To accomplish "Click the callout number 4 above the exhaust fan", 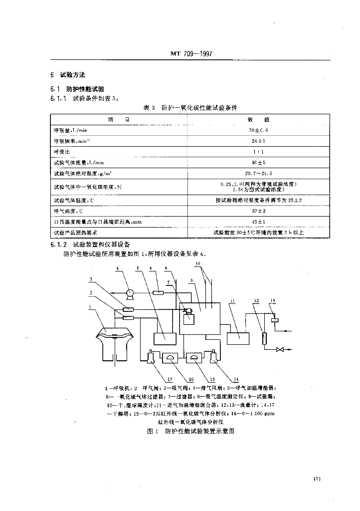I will pos(117,269).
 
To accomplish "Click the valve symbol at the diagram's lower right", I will pos(281,349).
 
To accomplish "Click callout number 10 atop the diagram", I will pos(198,263).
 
